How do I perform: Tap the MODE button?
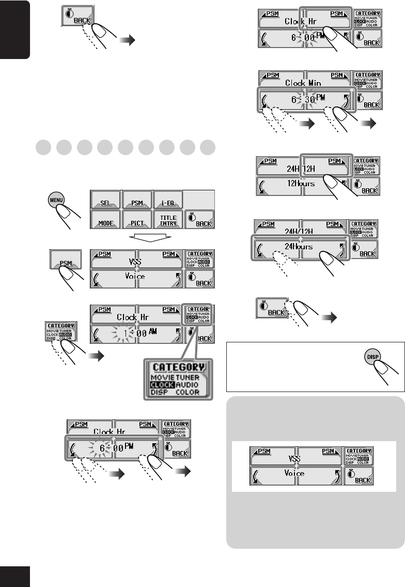[x=105, y=223]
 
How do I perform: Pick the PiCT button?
[x=137, y=223]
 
